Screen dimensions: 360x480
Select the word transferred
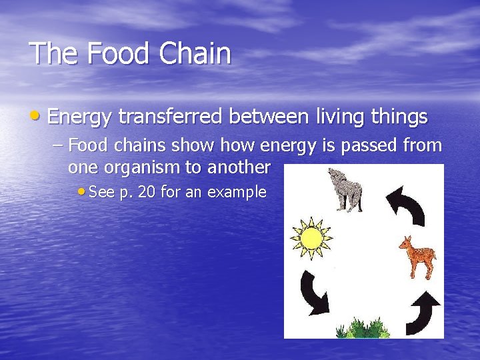coord(171,117)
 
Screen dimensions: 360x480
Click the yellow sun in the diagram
coord(311,238)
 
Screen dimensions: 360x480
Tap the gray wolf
coord(345,191)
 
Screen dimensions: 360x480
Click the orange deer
coord(418,257)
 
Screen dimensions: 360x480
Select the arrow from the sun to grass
coord(314,293)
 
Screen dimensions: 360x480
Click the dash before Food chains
coord(57,145)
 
